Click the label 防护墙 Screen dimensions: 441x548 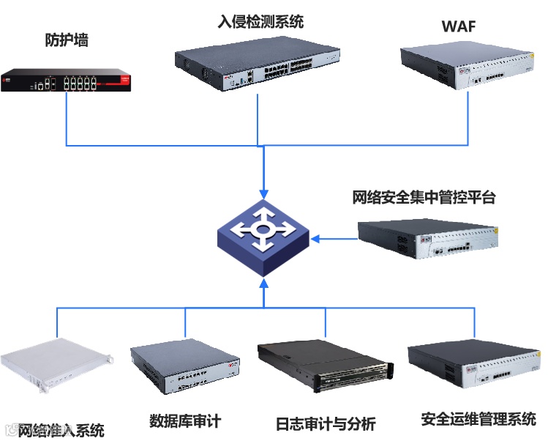(x=67, y=41)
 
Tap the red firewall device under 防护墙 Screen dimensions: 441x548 (x=67, y=78)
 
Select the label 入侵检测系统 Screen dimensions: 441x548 (x=260, y=22)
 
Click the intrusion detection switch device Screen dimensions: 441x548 (x=258, y=65)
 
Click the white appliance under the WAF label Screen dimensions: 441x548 (x=466, y=65)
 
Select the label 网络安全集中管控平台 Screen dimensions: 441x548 (x=424, y=198)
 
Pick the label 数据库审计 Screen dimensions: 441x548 (x=185, y=421)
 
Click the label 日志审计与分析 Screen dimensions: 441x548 (x=326, y=423)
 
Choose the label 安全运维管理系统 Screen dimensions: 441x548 (x=478, y=419)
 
